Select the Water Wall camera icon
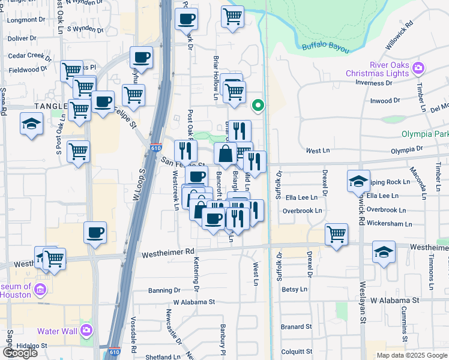point(87,331)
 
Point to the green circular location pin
point(258,106)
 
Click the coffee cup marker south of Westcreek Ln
point(95,232)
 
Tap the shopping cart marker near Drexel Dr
point(337,234)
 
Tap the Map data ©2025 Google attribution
point(411,355)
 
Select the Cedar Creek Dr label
point(30,56)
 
